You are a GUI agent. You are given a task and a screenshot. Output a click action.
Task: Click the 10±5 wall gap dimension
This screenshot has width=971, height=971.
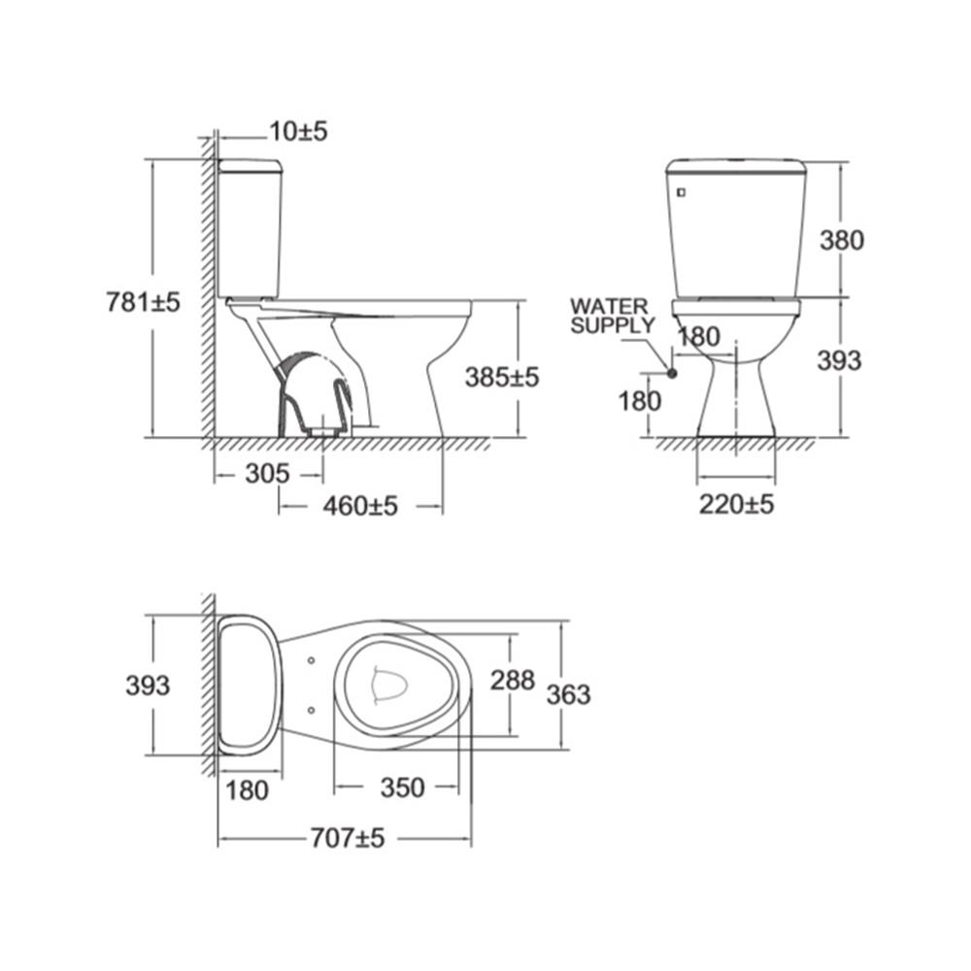point(298,131)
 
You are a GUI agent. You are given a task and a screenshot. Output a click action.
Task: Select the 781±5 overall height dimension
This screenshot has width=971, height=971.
point(143,302)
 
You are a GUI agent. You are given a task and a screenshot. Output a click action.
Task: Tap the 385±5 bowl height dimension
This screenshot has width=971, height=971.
point(502,377)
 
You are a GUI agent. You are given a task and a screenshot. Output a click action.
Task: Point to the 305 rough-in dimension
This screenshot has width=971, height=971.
point(267,474)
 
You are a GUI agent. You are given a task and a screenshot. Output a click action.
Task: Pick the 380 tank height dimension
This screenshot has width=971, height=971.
point(842,240)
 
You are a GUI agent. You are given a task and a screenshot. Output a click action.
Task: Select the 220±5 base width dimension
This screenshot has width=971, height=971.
point(736,505)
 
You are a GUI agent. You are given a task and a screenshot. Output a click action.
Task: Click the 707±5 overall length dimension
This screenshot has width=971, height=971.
point(348,838)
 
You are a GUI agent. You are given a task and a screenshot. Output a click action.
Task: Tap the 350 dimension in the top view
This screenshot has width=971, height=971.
point(403,787)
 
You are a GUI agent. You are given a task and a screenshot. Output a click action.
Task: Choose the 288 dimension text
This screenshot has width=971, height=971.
point(513,680)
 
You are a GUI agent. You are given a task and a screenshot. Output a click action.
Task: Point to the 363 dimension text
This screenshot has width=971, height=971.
point(568,694)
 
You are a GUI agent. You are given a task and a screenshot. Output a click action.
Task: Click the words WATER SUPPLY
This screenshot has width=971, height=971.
point(613,316)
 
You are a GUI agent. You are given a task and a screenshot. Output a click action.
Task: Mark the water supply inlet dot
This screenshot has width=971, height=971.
point(672,373)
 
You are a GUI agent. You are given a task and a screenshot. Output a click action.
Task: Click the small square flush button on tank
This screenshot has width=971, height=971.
point(682,192)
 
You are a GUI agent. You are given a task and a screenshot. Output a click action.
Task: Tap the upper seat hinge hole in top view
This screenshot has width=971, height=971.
point(311,660)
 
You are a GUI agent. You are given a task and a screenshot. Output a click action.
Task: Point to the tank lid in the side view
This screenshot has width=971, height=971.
point(251,165)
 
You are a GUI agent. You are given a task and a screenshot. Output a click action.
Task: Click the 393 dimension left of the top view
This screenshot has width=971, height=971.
point(148,686)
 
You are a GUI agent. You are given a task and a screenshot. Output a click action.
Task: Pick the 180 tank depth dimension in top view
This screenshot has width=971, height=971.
point(247,790)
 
